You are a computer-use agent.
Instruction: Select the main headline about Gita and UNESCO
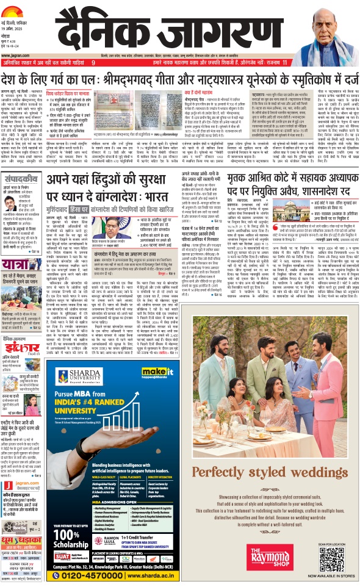(x=179, y=79)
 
